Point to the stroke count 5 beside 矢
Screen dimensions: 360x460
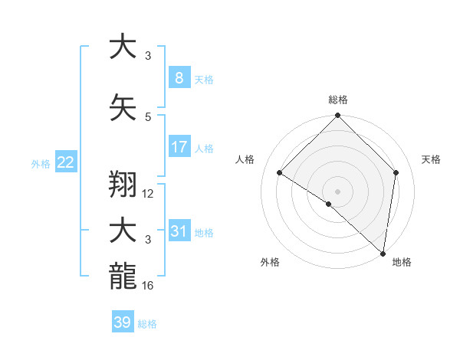coord(147,116)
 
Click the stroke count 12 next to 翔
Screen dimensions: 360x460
coord(149,194)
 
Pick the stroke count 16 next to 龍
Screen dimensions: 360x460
coord(149,286)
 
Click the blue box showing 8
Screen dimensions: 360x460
coord(179,78)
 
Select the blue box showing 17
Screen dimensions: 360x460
coord(179,147)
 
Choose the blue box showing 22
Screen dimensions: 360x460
coord(65,162)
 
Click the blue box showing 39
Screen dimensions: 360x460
coord(122,322)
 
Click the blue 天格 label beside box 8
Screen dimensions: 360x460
coord(204,80)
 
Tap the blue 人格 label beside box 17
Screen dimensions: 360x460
coord(204,149)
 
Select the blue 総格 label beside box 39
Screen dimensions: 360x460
coord(147,324)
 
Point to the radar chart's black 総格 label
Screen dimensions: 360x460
coord(337,100)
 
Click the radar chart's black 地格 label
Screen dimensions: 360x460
coord(402,262)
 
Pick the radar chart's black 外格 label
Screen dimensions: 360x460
coord(270,262)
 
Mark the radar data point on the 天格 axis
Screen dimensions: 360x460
coord(396,172)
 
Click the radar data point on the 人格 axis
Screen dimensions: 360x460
coord(280,173)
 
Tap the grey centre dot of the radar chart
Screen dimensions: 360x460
coord(337,191)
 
